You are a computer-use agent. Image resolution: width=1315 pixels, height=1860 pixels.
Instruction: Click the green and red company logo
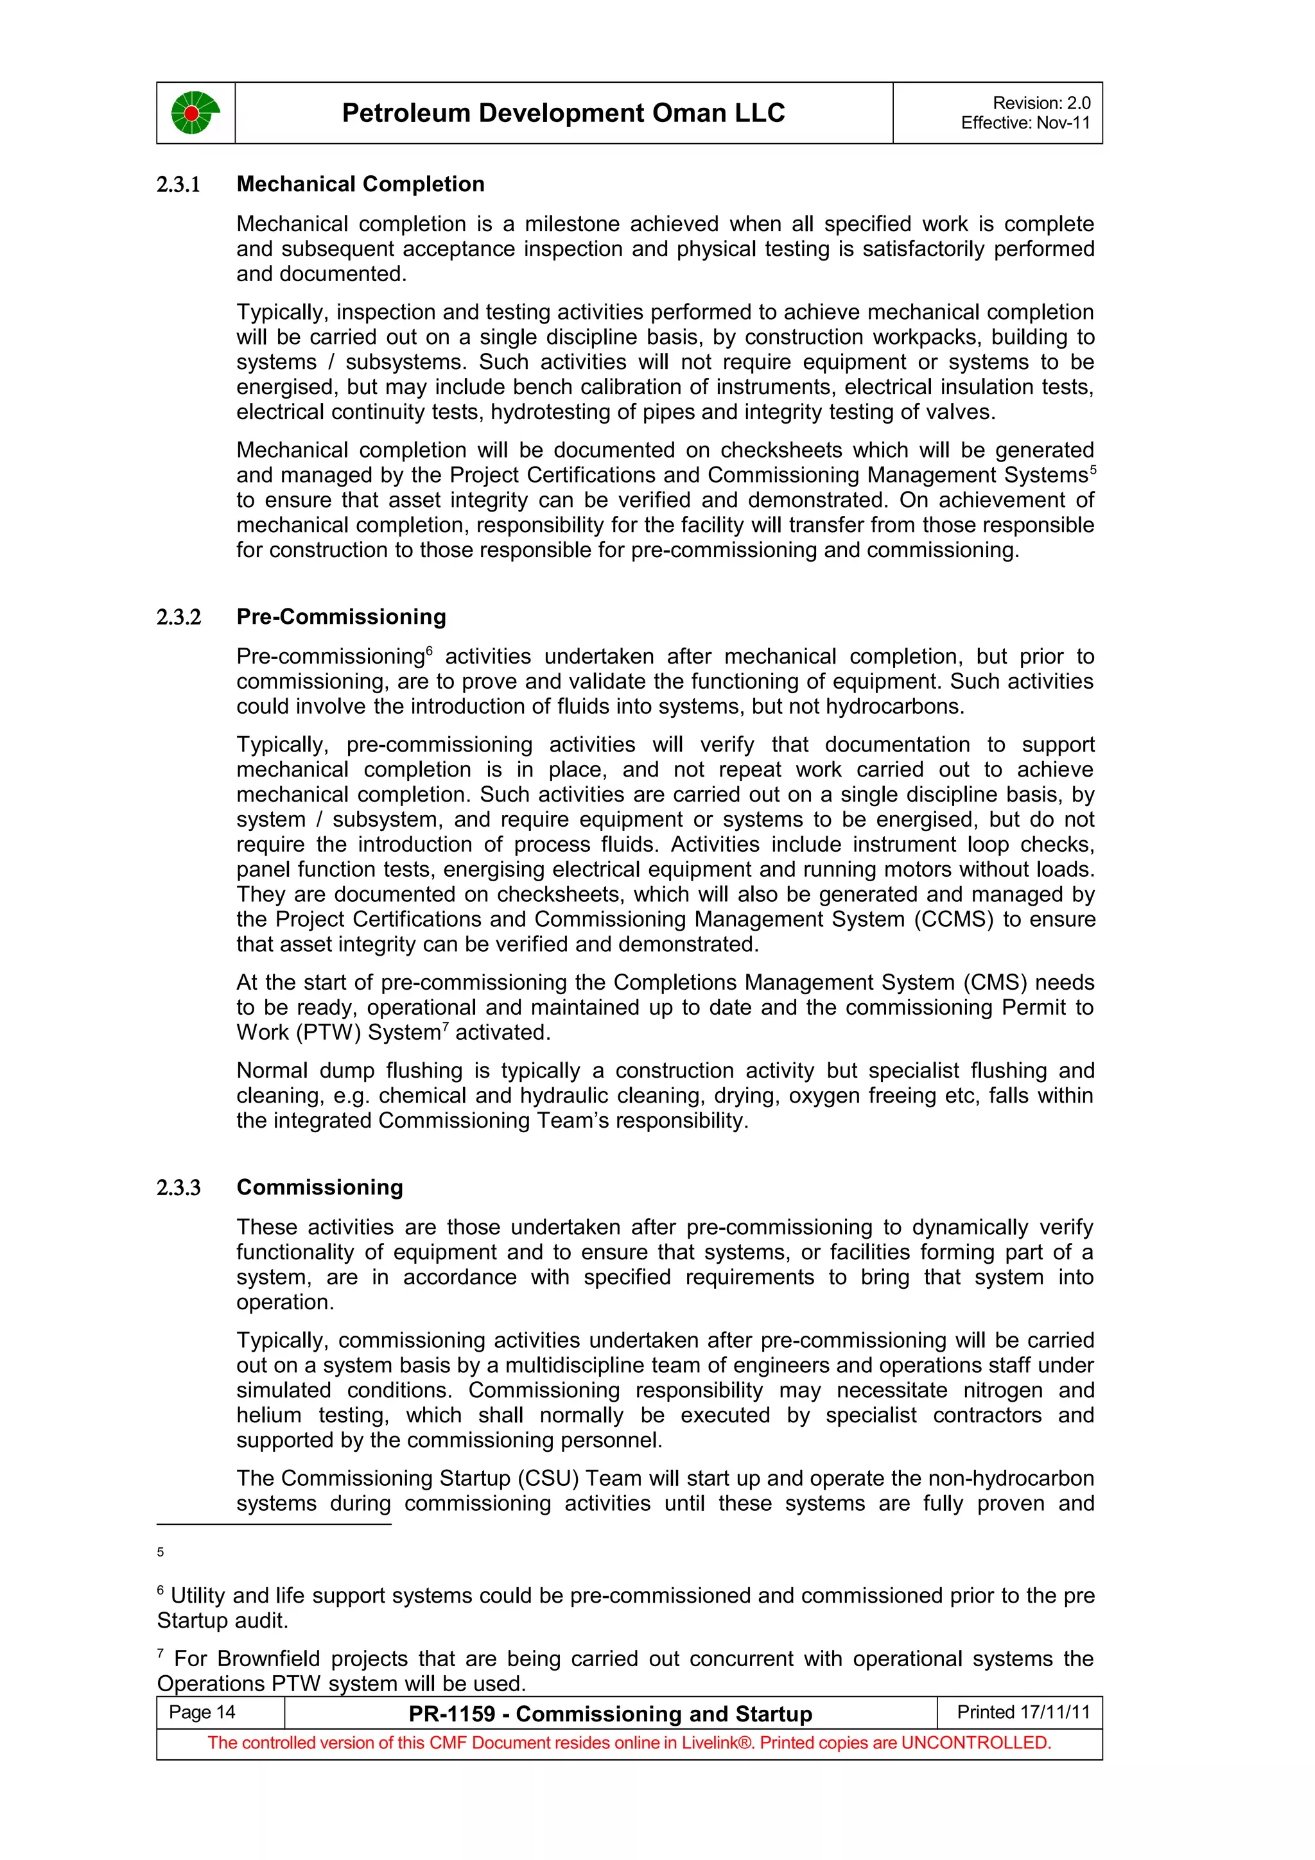[x=195, y=112]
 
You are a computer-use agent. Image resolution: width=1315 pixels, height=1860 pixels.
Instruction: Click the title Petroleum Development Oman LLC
[x=563, y=112]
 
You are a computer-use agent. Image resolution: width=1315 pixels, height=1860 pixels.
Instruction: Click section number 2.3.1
[x=179, y=185]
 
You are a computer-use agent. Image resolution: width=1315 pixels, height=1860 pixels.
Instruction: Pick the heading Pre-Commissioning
[x=341, y=617]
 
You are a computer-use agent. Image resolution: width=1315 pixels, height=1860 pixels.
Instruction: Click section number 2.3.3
[x=179, y=1187]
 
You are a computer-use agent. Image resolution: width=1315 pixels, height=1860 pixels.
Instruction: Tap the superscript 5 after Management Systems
[x=1092, y=469]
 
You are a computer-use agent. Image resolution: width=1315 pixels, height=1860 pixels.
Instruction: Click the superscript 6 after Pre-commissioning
[x=430, y=651]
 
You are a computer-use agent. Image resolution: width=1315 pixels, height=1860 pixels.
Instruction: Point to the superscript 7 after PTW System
[x=446, y=1026]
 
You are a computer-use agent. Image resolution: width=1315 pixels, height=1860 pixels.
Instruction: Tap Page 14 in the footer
[x=202, y=1712]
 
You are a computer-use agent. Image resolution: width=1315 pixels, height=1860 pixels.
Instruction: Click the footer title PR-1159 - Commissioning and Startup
[x=610, y=1714]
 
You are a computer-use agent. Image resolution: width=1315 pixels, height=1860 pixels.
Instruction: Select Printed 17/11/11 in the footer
[x=1023, y=1712]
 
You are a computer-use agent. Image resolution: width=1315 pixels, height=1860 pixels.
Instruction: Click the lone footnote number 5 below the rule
[x=161, y=1552]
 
